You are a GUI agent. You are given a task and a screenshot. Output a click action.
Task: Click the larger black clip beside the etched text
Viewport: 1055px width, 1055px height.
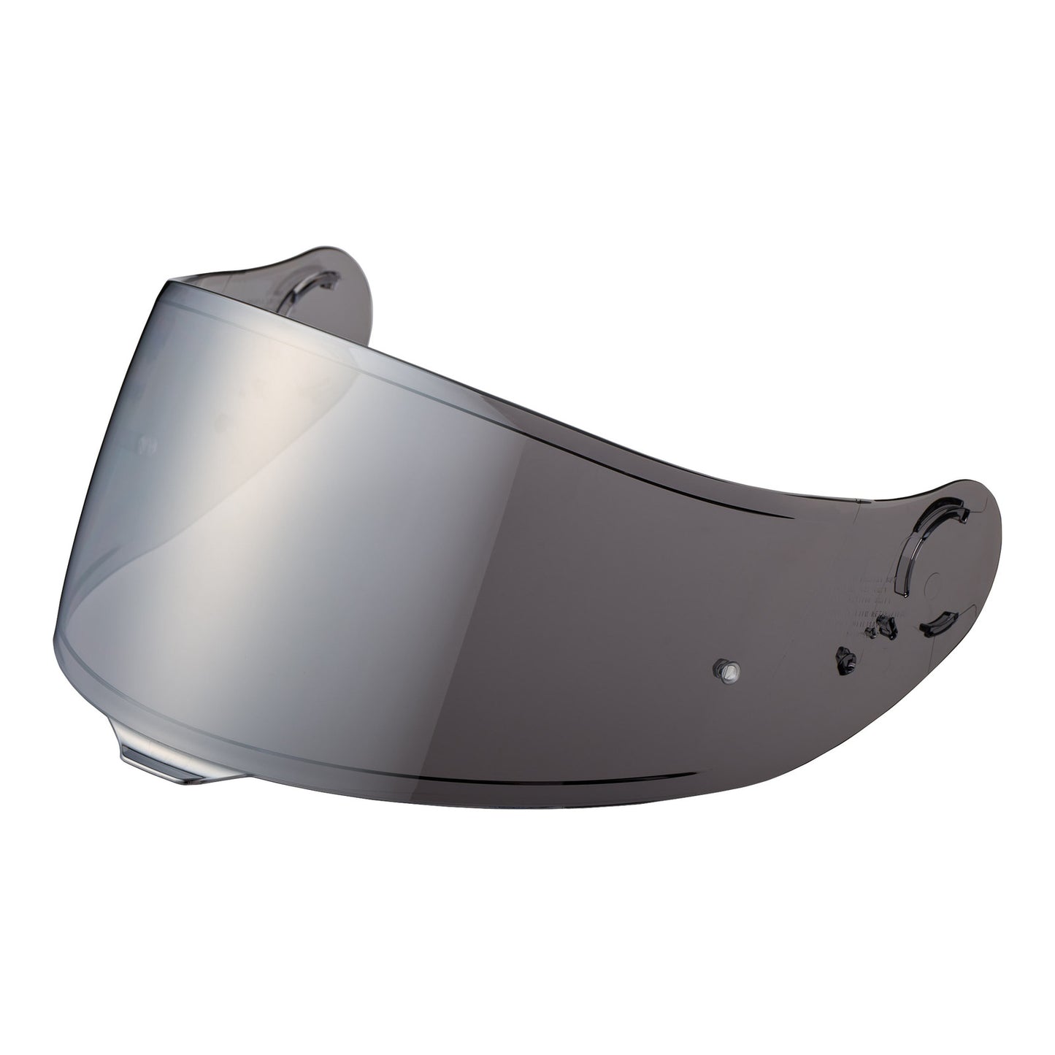pos(885,625)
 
